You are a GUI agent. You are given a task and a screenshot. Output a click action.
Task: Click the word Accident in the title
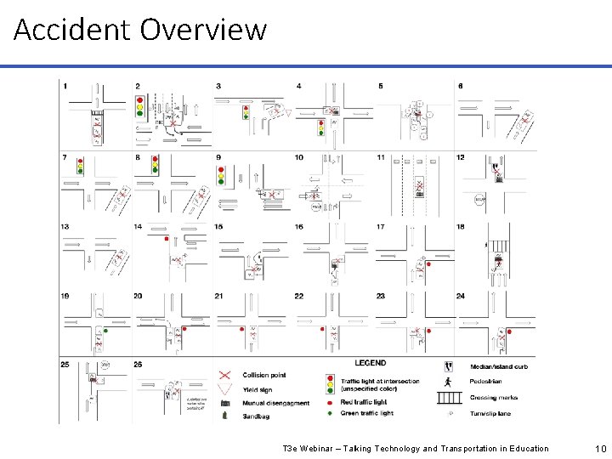tap(71, 31)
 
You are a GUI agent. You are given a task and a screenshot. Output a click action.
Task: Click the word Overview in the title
tap(203, 31)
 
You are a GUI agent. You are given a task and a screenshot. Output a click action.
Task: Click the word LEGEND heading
tap(370, 364)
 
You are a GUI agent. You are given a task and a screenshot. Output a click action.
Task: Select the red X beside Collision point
tap(225, 375)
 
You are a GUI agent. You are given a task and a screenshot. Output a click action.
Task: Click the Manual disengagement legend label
tap(276, 402)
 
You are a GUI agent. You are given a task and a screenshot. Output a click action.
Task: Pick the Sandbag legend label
tap(257, 416)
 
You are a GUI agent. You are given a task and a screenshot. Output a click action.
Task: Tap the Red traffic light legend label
tap(362, 401)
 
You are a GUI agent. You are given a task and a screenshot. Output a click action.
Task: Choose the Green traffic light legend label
tap(365, 413)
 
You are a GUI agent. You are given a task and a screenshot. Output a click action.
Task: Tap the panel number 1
tap(65, 86)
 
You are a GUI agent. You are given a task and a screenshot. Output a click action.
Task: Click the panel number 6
tap(460, 86)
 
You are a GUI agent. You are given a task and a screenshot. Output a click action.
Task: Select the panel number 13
tap(65, 226)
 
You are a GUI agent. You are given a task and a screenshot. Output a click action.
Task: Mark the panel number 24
tap(462, 296)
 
